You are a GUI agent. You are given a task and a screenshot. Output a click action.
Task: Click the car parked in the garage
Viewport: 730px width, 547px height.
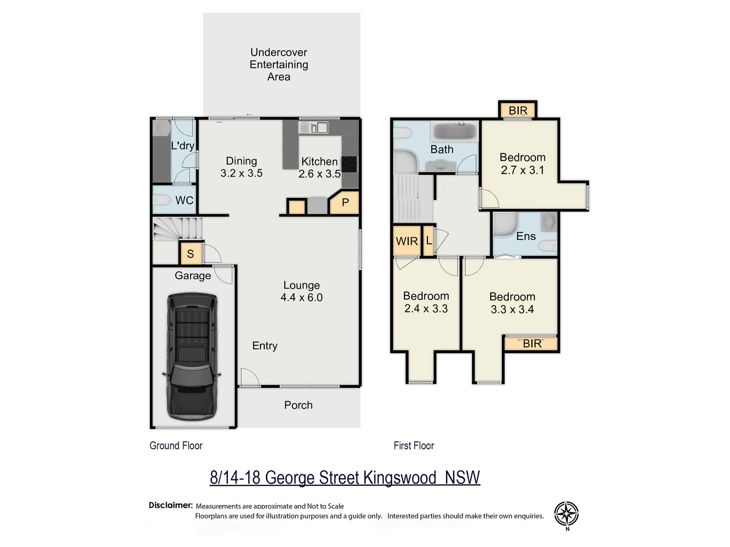pos(192,357)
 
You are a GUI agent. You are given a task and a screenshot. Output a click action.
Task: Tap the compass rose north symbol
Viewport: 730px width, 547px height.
pos(566,513)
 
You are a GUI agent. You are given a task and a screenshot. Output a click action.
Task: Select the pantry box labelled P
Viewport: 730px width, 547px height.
pos(345,202)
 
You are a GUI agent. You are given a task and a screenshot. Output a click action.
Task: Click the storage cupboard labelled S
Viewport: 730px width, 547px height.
pos(191,253)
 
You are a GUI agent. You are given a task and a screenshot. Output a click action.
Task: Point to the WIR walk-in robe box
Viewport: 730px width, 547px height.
pos(407,241)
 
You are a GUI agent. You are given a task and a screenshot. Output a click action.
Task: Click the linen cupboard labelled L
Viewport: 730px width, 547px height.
pos(429,240)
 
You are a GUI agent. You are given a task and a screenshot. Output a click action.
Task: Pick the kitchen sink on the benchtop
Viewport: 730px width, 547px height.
pos(313,128)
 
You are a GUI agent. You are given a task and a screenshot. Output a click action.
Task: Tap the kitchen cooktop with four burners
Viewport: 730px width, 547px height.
pos(349,164)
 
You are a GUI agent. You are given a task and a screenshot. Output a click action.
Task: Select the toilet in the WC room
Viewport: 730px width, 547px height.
pos(161,200)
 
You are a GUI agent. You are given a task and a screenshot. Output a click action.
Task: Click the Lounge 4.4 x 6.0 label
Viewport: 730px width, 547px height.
pos(301,291)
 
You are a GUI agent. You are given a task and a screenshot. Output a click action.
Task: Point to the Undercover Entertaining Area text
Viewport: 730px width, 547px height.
pos(279,65)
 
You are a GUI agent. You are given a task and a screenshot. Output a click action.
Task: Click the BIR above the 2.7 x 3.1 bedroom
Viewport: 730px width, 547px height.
pos(518,110)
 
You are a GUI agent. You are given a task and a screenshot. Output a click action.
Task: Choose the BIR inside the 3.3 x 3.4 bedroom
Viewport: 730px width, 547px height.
pos(532,344)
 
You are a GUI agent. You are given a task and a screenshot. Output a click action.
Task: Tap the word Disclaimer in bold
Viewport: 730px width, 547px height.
pos(170,505)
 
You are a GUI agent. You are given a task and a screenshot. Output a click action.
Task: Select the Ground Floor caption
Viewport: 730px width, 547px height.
pos(176,446)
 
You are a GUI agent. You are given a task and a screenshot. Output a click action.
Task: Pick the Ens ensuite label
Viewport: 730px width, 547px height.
pos(526,236)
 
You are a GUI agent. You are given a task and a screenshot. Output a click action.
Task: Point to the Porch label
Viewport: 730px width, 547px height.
pos(298,405)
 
